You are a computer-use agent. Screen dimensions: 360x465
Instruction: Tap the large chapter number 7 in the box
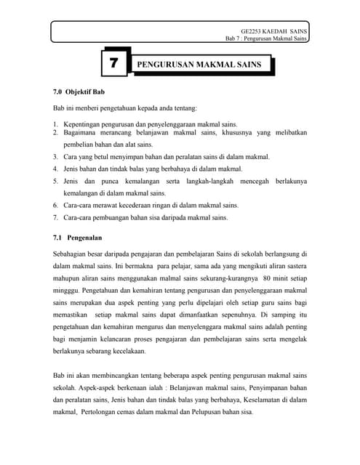click(x=113, y=65)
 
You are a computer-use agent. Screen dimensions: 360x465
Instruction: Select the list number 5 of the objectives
click(x=55, y=181)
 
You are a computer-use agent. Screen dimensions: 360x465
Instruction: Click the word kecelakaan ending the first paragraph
click(x=125, y=352)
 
